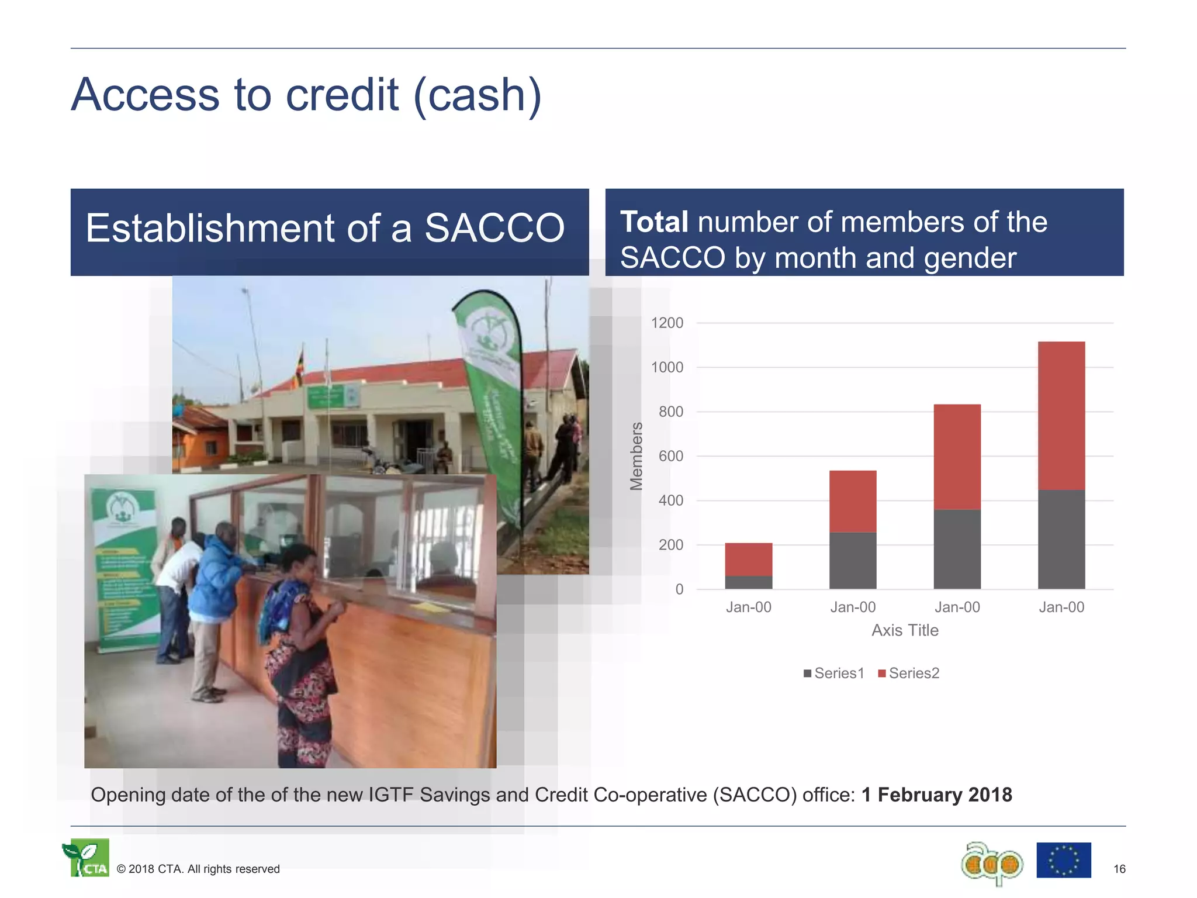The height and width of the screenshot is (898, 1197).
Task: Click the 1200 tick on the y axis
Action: pos(667,323)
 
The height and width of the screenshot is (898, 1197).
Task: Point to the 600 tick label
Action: pos(670,456)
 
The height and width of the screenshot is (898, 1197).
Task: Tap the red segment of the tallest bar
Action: pos(1061,415)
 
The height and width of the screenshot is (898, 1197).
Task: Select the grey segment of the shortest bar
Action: pos(748,582)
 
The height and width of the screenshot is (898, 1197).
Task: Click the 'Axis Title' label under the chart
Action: pos(905,630)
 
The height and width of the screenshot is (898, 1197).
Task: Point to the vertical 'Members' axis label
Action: pos(636,456)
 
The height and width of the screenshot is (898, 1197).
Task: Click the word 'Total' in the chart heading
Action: pos(654,222)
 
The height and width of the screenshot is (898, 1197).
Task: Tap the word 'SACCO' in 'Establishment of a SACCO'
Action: pos(494,228)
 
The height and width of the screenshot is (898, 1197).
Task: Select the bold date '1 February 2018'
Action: pos(936,795)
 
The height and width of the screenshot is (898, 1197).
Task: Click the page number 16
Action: pos(1119,869)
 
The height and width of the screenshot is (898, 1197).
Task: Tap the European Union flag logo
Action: pos(1063,860)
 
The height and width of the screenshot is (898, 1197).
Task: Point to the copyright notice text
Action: pos(198,869)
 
